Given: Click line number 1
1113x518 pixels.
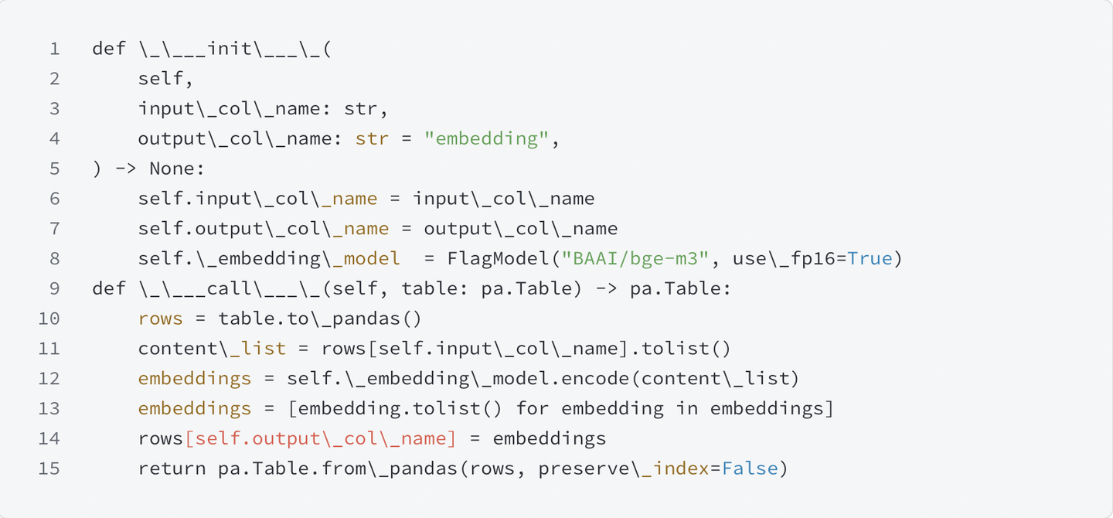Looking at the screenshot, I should click(x=54, y=49).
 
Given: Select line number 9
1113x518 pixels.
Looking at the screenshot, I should click(x=54, y=288).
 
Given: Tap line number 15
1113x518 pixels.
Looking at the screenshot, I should click(x=49, y=469).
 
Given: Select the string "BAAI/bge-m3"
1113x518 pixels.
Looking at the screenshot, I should click(x=635, y=259).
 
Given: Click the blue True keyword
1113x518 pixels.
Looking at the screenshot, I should click(x=870, y=259).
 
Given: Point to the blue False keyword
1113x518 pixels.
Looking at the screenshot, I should click(x=750, y=469).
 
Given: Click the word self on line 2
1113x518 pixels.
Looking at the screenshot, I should click(x=161, y=79).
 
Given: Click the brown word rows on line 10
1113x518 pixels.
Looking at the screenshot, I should click(x=161, y=319).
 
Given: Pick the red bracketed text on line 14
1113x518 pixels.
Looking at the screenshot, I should click(x=321, y=439).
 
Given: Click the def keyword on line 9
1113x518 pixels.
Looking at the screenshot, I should click(x=109, y=288).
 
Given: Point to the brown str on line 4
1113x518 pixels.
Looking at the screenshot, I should click(x=372, y=139).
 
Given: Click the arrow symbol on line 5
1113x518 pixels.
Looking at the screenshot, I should click(x=126, y=169).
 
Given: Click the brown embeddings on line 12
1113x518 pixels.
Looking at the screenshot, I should click(x=195, y=379).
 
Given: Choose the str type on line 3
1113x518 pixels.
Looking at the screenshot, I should click(x=360, y=109).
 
